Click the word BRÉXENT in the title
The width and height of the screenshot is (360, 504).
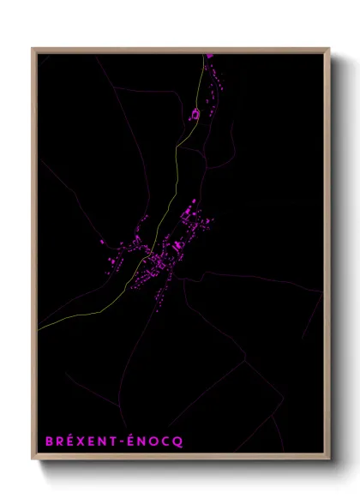click(x=81, y=441)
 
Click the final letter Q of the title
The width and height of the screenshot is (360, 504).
click(x=177, y=442)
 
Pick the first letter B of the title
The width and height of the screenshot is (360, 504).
click(x=50, y=441)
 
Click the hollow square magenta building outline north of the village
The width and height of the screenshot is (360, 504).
click(x=195, y=113)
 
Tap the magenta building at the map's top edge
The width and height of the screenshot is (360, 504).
click(x=209, y=57)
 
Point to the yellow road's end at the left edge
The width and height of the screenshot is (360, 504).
click(x=39, y=328)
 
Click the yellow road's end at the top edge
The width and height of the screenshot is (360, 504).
click(x=205, y=54)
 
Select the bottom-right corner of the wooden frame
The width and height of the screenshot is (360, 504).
click(x=329, y=460)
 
